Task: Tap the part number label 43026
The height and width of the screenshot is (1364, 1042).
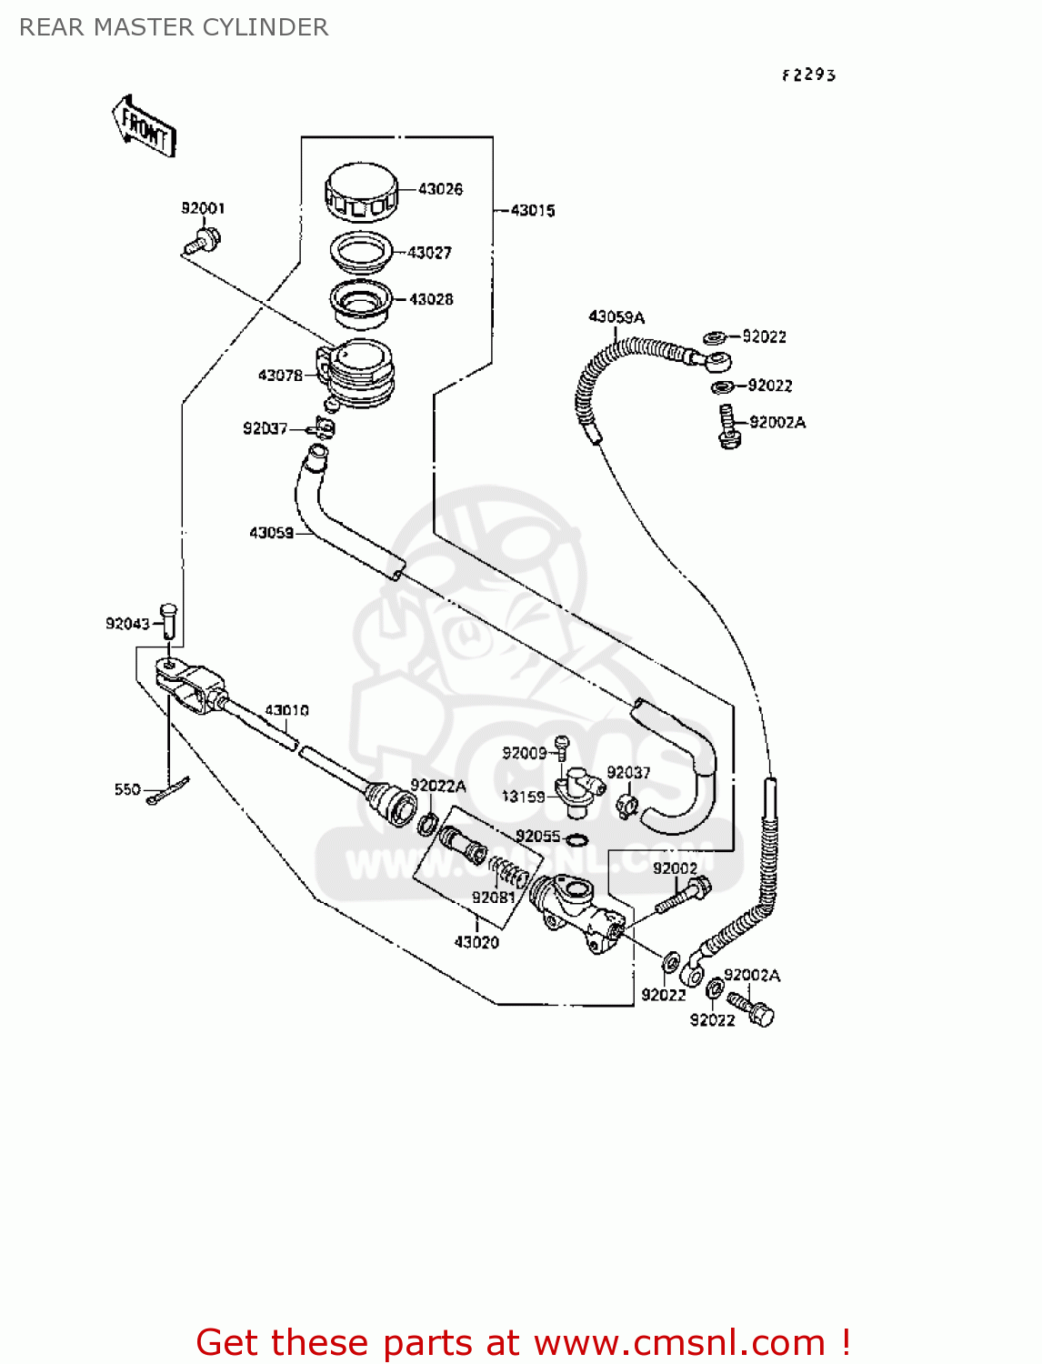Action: (x=440, y=189)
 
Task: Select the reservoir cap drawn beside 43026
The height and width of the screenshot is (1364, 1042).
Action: (x=361, y=193)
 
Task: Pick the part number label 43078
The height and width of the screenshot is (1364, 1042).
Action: (x=280, y=375)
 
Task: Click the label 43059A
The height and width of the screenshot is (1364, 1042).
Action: (x=616, y=316)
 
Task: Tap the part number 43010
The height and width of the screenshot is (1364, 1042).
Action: (x=286, y=710)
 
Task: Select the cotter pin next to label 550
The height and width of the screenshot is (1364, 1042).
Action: (x=168, y=793)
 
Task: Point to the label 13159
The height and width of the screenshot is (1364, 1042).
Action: (x=524, y=797)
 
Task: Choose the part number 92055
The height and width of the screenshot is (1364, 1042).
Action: (x=537, y=836)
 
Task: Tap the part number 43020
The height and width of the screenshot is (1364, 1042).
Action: (x=476, y=942)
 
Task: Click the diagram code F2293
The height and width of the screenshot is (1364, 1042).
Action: (x=808, y=75)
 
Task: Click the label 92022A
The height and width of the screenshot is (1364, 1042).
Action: (x=437, y=786)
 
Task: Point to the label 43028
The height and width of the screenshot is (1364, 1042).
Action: (x=431, y=299)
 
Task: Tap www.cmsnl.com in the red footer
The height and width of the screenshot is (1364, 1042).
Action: (x=679, y=1342)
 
